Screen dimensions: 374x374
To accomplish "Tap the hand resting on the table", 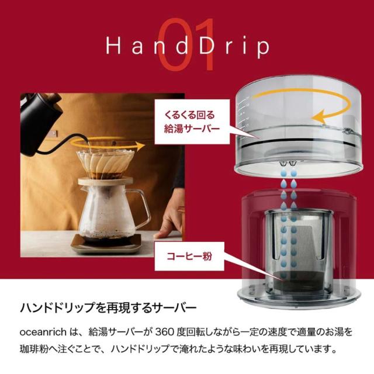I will point(169,221).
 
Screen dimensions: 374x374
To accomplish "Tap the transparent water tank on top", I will point(298,131).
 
